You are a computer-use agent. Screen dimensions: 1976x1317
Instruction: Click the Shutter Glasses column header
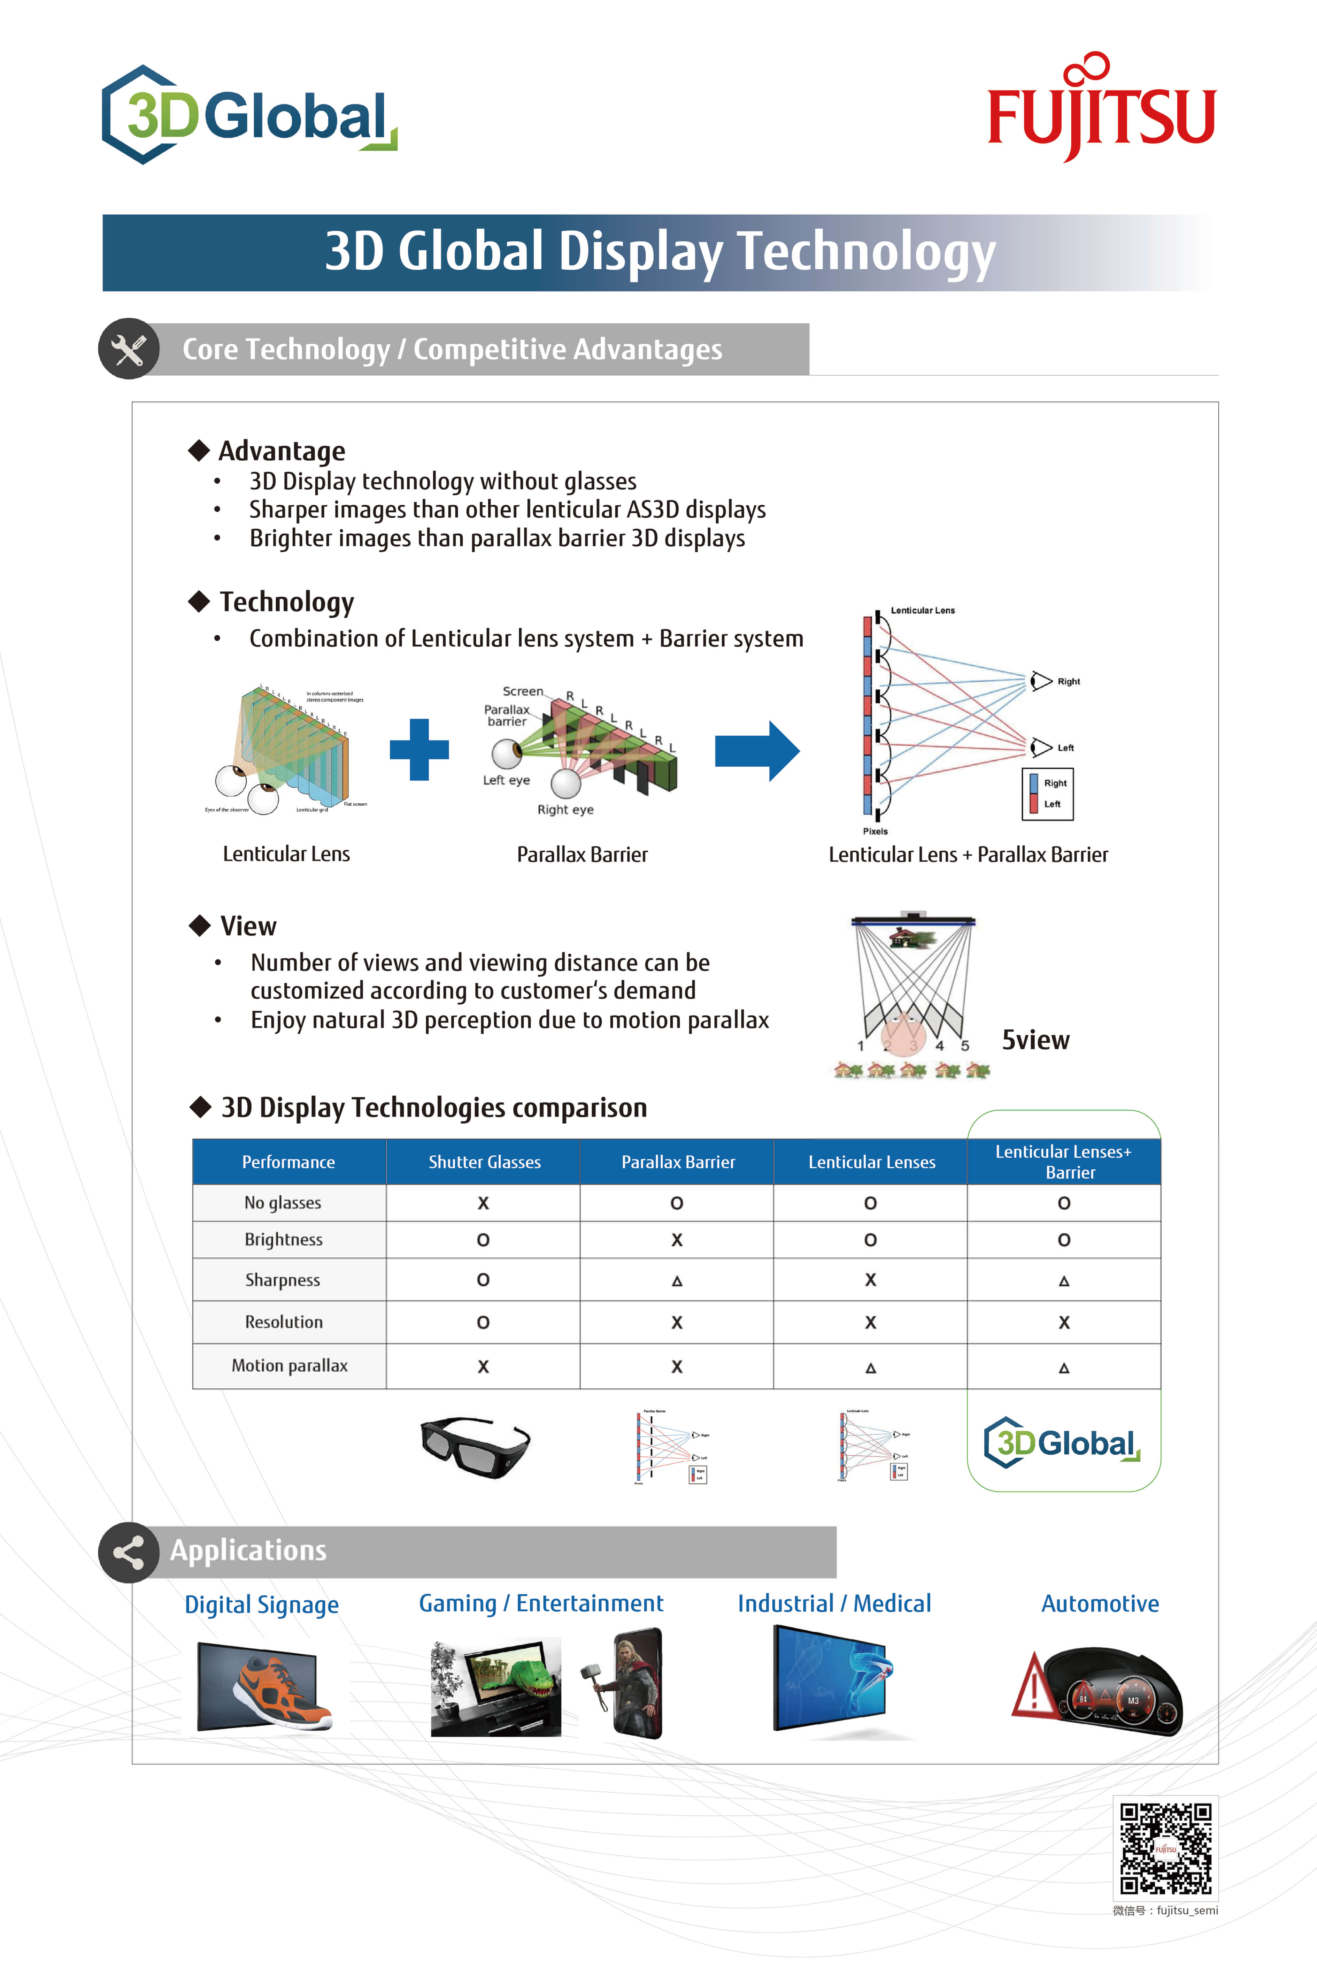pos(484,1162)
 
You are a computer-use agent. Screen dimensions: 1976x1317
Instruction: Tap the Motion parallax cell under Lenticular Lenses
pos(870,1367)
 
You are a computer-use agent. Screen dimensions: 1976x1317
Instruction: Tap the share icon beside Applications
pos(129,1553)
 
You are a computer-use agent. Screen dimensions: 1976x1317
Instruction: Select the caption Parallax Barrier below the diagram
pos(582,855)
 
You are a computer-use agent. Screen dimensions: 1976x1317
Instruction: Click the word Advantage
pos(282,451)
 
